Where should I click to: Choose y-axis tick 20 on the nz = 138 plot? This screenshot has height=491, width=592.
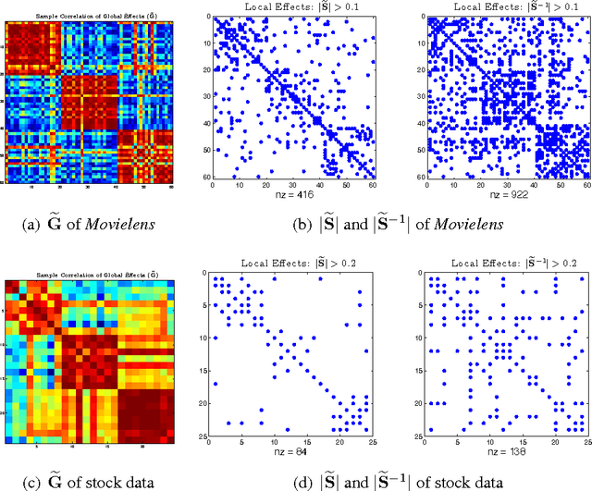(x=421, y=402)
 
